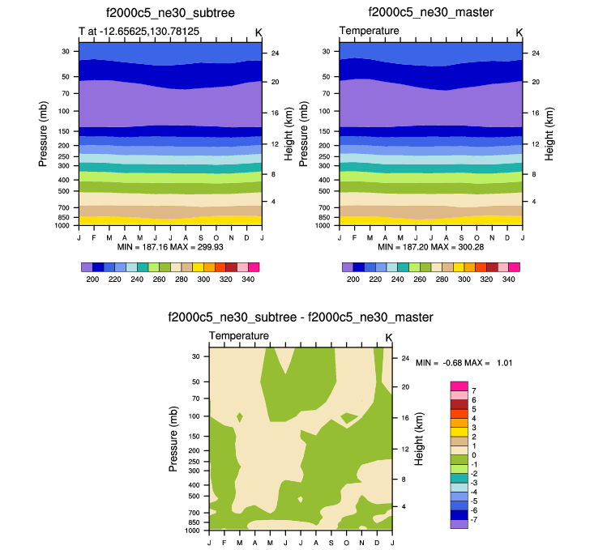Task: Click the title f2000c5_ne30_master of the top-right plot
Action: [431, 13]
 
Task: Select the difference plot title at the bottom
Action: [300, 317]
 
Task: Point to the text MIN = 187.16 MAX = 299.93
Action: [170, 245]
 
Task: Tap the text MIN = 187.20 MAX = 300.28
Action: [431, 245]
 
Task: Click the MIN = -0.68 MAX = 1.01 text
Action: [464, 363]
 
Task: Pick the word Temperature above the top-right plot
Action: [369, 31]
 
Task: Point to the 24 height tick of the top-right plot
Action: [536, 53]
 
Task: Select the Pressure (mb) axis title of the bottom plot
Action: [173, 439]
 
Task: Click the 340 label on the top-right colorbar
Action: [508, 279]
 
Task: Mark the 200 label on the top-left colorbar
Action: [92, 279]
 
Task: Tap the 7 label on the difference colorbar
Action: [472, 390]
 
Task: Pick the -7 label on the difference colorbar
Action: [475, 518]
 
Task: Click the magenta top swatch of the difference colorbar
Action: [459, 386]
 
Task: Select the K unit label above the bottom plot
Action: [388, 337]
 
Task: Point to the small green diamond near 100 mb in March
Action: [240, 417]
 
